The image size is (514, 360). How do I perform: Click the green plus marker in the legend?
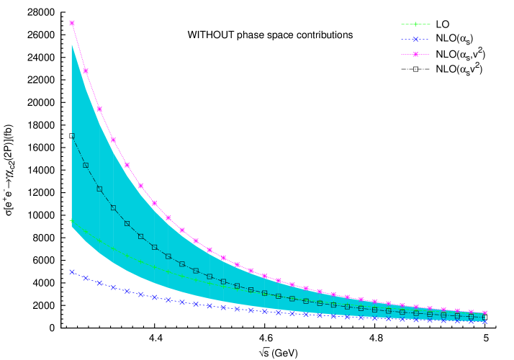415,24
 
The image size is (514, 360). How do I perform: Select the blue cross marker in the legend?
415,40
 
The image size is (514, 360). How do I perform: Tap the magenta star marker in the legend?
415,54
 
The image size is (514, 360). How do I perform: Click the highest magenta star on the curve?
72,23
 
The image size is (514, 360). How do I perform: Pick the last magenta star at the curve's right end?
484,313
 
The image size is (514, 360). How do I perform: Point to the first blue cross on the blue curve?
72,272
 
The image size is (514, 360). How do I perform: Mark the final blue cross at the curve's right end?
484,320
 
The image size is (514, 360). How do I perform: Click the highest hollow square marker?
72,135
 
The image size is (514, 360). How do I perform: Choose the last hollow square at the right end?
484,317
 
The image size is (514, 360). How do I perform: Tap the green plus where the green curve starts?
72,220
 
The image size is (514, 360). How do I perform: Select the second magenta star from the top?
86,71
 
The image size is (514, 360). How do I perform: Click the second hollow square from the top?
86,165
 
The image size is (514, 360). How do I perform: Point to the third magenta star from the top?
99,109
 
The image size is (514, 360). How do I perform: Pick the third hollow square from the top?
99,189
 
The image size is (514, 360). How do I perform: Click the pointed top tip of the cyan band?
72,45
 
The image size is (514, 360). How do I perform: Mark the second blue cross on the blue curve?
86,277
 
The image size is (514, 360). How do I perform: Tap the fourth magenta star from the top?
113,140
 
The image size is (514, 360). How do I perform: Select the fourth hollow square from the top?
113,207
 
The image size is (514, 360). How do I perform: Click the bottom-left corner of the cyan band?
72,227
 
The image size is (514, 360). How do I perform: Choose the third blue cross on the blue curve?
99,283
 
